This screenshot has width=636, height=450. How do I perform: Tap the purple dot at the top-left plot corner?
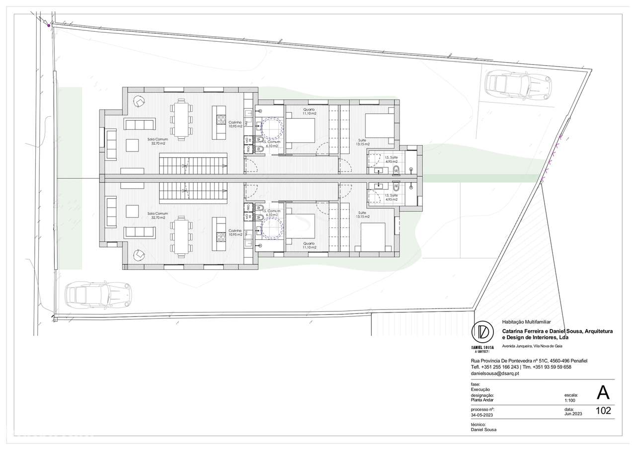[x=49, y=25]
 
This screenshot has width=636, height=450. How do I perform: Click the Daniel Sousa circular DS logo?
[x=482, y=331]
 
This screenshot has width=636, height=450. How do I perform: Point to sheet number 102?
[x=603, y=411]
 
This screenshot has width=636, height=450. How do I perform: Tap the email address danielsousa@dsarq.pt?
[x=495, y=373]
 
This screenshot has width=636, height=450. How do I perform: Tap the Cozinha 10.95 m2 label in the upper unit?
[x=235, y=124]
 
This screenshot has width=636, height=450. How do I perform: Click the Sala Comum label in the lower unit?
[x=158, y=216]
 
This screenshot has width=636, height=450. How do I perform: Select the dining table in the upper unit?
[x=180, y=118]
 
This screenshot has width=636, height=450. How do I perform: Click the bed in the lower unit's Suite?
[x=373, y=237]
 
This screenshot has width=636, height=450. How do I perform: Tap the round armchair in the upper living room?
[x=139, y=101]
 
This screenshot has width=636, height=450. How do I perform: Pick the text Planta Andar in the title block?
[x=483, y=400]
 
